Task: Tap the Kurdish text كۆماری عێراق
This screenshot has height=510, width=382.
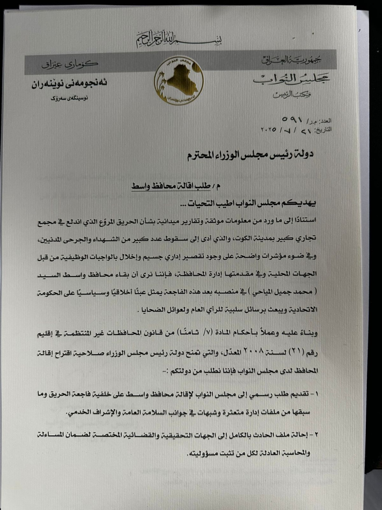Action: point(70,64)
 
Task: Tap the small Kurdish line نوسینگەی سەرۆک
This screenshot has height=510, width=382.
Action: point(69,98)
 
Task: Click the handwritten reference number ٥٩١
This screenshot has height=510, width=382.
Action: point(293,119)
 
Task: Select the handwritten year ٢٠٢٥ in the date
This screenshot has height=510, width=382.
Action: point(268,130)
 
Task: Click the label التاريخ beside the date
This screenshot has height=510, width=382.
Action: point(324,130)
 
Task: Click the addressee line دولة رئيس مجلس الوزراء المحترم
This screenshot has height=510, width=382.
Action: point(250,155)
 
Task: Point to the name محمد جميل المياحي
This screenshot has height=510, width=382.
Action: point(283,292)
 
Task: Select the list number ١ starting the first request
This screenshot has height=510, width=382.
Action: point(317,394)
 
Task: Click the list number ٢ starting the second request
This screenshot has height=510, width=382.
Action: point(316,434)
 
